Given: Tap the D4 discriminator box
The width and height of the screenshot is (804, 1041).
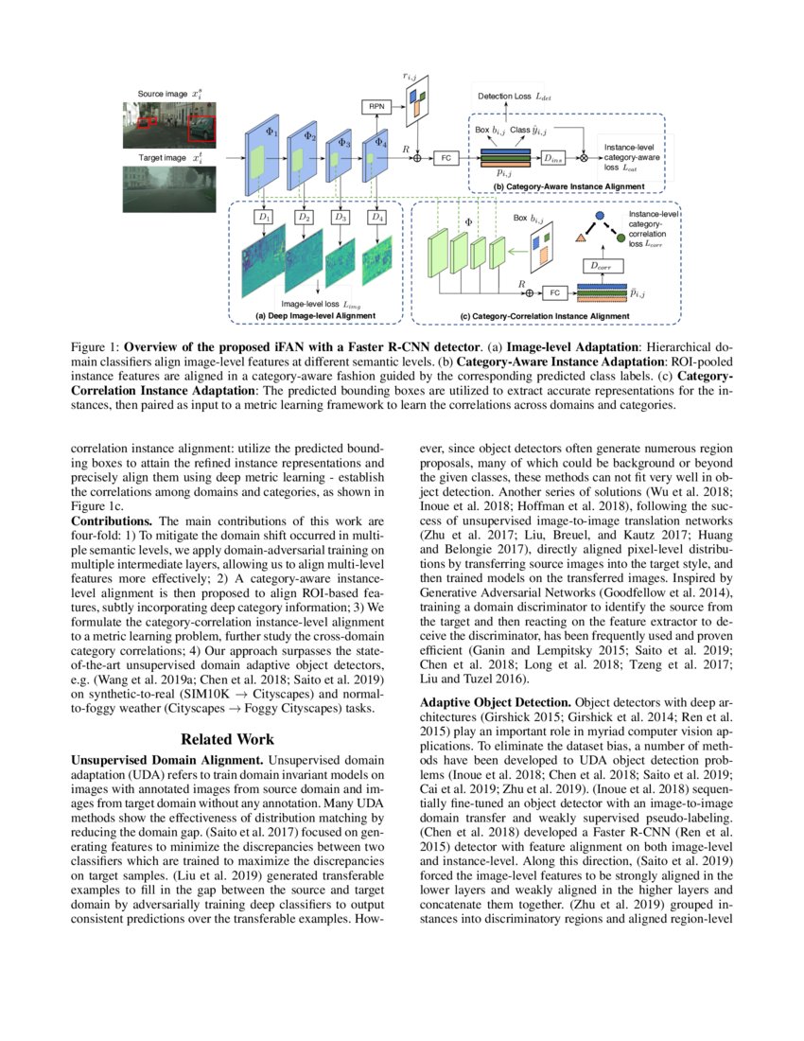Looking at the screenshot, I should [x=377, y=218].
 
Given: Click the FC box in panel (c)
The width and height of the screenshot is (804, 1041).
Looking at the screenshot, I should [x=555, y=293].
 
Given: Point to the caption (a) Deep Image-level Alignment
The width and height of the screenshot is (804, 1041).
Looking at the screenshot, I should [x=315, y=315].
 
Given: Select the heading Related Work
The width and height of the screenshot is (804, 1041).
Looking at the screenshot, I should [x=228, y=738].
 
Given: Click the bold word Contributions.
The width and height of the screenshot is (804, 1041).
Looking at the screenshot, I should [x=113, y=520].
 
